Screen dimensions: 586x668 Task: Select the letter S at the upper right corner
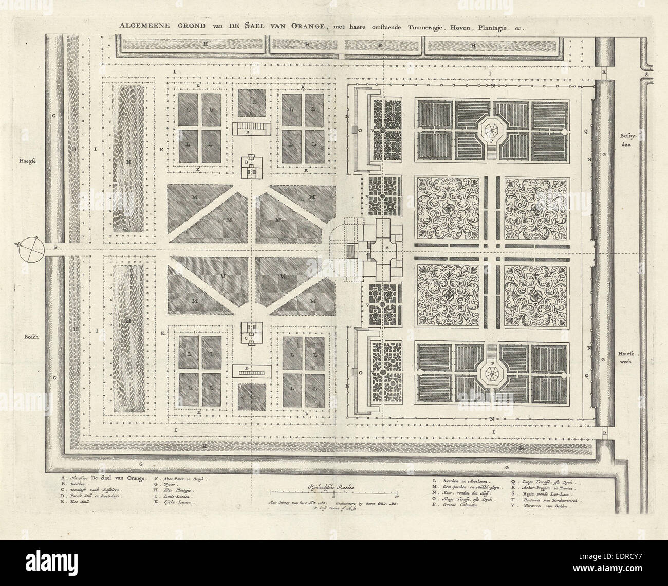(x=646, y=74)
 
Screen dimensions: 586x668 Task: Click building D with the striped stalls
(x=251, y=129)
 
